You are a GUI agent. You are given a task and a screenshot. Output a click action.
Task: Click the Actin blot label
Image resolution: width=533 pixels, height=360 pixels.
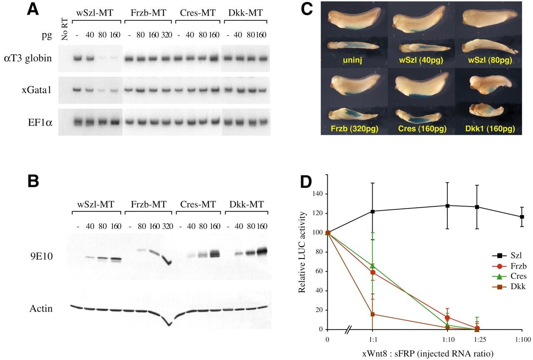pyautogui.click(x=41, y=308)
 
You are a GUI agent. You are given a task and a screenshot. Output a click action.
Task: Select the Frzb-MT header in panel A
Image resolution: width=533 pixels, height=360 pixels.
pyautogui.click(x=148, y=12)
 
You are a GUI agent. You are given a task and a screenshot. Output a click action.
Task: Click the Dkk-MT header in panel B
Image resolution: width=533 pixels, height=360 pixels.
pyautogui.click(x=246, y=204)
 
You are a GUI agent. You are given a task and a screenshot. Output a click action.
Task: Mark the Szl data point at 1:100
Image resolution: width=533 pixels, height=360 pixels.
pyautogui.click(x=522, y=217)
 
